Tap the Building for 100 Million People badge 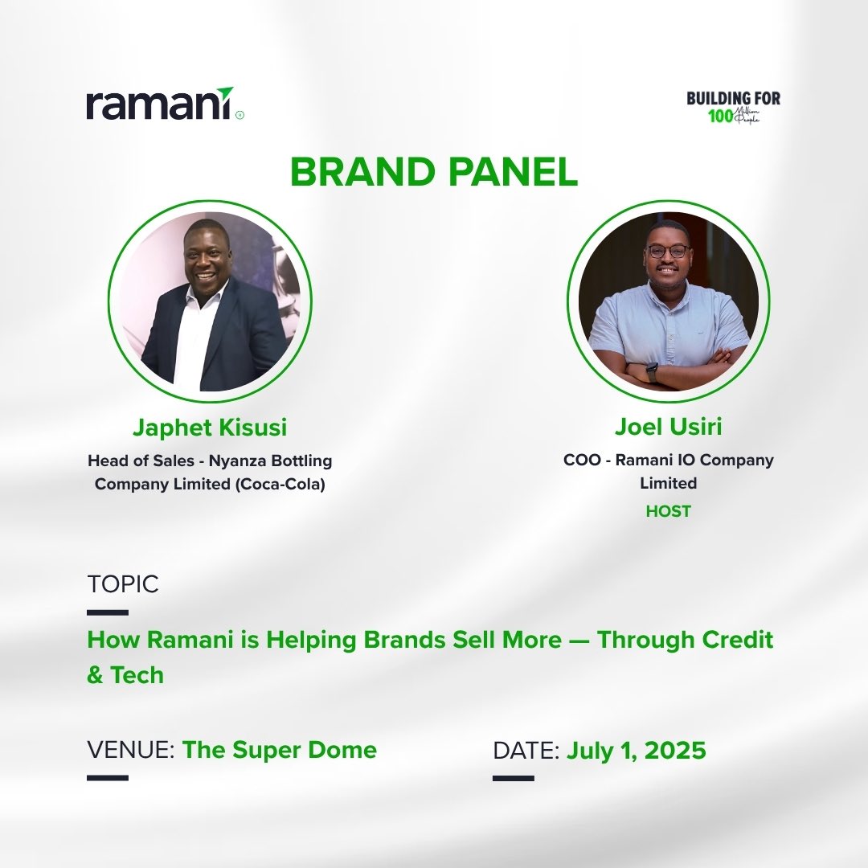[733, 107]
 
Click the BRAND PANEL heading [434, 171]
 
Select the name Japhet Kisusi [210, 428]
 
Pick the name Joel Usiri [668, 428]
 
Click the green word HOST [668, 511]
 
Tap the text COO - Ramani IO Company [668, 461]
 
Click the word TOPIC [123, 584]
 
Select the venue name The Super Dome [279, 750]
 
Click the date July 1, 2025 [636, 751]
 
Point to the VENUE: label [131, 751]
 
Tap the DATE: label [526, 751]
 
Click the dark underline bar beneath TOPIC [108, 612]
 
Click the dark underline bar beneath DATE [513, 778]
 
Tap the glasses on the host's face [667, 251]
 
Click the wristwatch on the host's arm [652, 372]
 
